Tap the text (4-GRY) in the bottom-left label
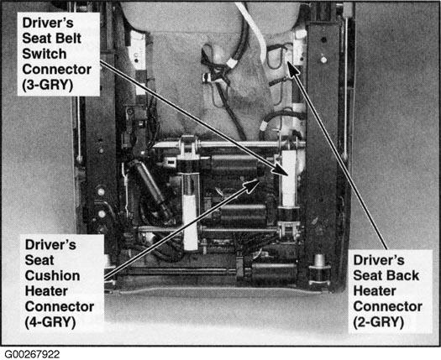[x=50, y=322]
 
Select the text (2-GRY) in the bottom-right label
[x=379, y=321]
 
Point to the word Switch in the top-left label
[x=45, y=54]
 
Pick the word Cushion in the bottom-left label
[x=52, y=276]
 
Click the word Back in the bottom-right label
[x=403, y=275]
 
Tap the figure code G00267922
[x=32, y=354]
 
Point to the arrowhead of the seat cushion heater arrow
[x=252, y=185]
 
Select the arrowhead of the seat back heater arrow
[x=293, y=69]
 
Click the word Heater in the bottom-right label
[x=375, y=291]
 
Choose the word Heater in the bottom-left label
[x=46, y=291]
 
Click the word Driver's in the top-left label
[x=48, y=23]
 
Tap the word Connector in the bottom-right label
[x=387, y=306]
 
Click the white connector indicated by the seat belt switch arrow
[x=289, y=178]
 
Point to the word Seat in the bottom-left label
[x=39, y=260]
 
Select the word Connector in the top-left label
[x=57, y=70]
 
